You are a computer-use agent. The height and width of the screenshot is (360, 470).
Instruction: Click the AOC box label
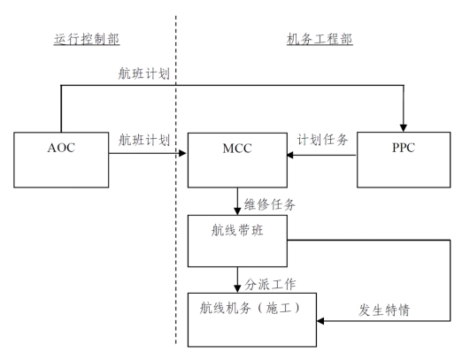point(61,148)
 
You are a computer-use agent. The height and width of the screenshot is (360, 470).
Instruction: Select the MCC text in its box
point(237,149)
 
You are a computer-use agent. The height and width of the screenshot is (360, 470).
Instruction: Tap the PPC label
point(404,148)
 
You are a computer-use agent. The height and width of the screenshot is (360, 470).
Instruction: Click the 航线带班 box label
point(237,230)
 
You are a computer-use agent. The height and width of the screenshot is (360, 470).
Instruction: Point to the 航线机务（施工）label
point(250,308)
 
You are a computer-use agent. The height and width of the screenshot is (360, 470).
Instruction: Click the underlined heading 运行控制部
point(87,39)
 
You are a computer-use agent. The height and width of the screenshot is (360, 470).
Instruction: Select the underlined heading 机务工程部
point(320,39)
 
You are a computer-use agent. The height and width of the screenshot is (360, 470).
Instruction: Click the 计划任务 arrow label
point(322,140)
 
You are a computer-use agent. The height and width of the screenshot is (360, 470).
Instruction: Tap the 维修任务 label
point(269,205)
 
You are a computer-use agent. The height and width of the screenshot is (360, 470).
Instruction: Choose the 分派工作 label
point(270,284)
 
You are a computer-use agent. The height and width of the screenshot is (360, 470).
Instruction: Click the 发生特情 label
point(384,310)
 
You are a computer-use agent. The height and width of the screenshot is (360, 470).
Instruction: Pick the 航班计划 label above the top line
point(144,73)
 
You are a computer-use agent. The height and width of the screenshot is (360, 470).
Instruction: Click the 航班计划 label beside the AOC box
point(144,140)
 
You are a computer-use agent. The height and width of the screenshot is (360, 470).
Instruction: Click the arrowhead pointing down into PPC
point(404,128)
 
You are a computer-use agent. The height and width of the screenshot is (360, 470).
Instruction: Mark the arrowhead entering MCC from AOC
point(182,153)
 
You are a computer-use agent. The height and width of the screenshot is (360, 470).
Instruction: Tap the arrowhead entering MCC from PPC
point(290,155)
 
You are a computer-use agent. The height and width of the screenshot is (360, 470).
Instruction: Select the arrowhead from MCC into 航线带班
point(237,211)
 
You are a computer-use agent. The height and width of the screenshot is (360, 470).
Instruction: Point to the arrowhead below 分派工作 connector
point(237,288)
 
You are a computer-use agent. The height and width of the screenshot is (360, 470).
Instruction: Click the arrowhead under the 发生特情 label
point(320,321)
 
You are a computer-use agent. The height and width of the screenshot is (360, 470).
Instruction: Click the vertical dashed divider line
point(176,180)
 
